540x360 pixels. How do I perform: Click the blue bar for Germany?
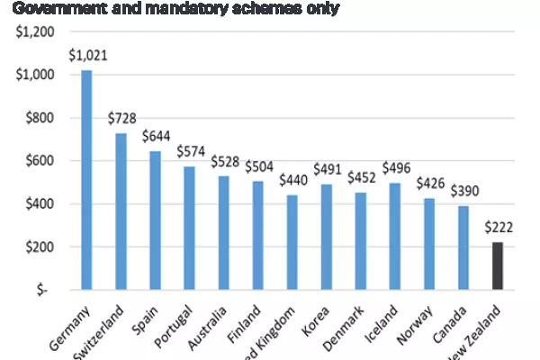[x=86, y=180]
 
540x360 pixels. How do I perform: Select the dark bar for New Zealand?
[x=498, y=266]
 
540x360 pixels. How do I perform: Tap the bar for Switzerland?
[x=121, y=211]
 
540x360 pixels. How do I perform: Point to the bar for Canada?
[x=463, y=247]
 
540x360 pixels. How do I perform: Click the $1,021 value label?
[x=87, y=55]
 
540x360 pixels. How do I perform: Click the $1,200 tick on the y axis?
[x=34, y=31]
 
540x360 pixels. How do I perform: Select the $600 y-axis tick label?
[x=40, y=161]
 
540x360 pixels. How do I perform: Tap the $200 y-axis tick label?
[x=40, y=247]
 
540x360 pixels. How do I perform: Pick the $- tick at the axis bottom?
[x=47, y=291]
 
